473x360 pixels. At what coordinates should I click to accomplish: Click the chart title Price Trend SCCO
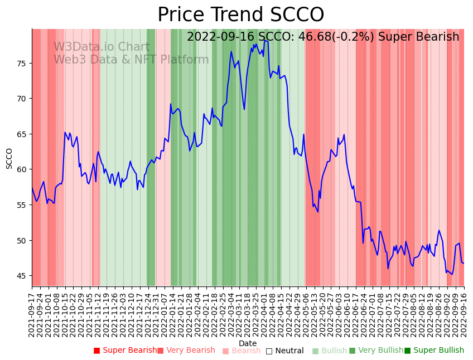(240, 15)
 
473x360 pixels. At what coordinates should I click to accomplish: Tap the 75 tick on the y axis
(21, 64)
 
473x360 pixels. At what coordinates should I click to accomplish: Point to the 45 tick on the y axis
(21, 276)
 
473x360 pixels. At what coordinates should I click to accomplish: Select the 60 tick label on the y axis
(21, 169)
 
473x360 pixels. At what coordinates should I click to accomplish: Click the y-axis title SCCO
(9, 158)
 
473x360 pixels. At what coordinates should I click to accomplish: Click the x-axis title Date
(248, 343)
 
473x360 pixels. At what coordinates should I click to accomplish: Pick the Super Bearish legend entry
(126, 351)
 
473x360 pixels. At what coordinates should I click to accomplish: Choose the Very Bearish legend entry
(186, 351)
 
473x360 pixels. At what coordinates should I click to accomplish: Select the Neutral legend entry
(284, 351)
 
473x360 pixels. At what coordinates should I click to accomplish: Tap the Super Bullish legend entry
(434, 351)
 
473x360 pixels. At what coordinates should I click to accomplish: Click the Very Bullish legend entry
(376, 351)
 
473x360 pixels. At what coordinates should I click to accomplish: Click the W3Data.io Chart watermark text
(102, 47)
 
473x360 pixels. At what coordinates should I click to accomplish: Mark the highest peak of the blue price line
(265, 40)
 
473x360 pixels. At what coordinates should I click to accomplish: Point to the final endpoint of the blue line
(464, 263)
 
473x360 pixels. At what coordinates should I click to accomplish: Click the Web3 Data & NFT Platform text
(131, 60)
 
